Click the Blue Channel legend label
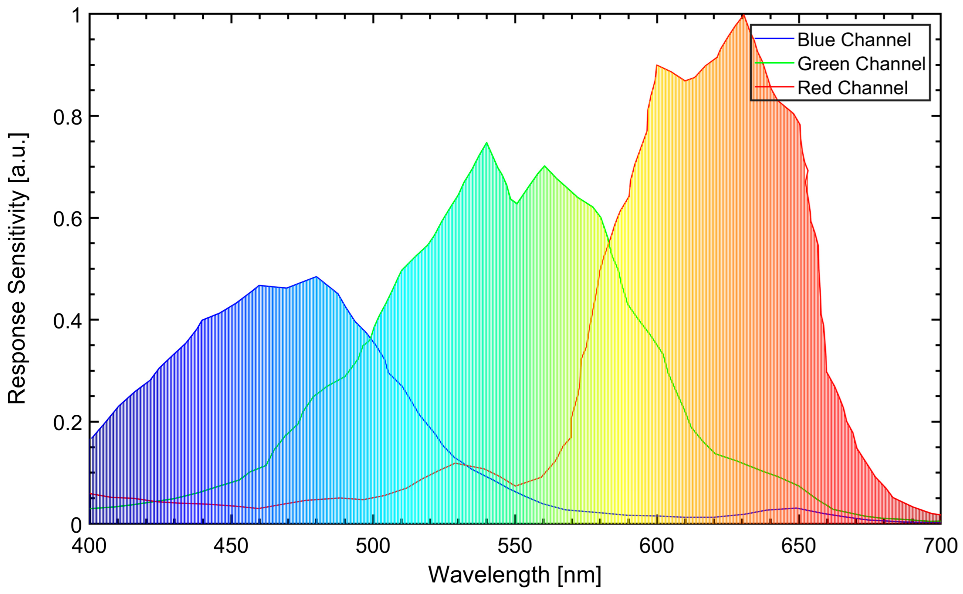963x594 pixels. click(x=854, y=40)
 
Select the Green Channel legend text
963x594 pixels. click(x=862, y=64)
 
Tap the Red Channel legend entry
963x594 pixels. click(x=852, y=88)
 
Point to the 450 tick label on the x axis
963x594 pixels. click(x=231, y=547)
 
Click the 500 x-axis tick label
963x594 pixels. click(x=373, y=547)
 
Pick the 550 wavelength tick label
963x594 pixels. click(x=515, y=547)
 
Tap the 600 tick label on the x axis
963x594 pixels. click(x=656, y=547)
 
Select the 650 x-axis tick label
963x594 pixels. click(x=798, y=547)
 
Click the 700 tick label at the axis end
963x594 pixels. click(x=940, y=547)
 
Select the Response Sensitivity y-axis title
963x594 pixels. click(x=17, y=269)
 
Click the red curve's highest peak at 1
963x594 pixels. click(x=743, y=15)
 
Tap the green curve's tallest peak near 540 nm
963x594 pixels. click(x=486, y=143)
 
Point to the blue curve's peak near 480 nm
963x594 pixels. click(x=316, y=277)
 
